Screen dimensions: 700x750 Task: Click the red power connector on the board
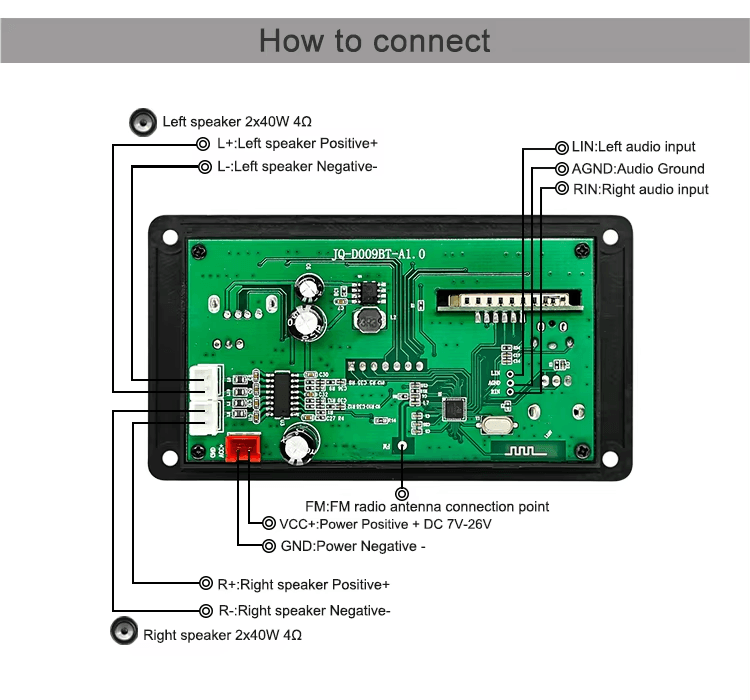pyautogui.click(x=241, y=449)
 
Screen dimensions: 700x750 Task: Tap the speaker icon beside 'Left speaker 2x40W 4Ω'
pyautogui.click(x=144, y=122)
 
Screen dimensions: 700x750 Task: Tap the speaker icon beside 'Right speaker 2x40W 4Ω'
pyautogui.click(x=123, y=633)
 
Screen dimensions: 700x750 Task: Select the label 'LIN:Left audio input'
pyautogui.click(x=633, y=147)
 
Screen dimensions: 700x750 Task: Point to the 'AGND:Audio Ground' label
pyautogui.click(x=637, y=169)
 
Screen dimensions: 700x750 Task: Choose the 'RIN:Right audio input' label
pyautogui.click(x=640, y=189)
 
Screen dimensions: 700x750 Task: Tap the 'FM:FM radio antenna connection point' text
pyautogui.click(x=427, y=507)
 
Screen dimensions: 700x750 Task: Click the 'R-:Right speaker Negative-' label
pyautogui.click(x=304, y=611)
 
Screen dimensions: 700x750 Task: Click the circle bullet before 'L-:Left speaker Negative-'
pyautogui.click(x=203, y=166)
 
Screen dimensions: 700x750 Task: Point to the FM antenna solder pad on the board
pyautogui.click(x=402, y=448)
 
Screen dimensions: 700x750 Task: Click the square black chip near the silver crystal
pyautogui.click(x=455, y=408)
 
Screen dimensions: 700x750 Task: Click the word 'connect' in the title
pyautogui.click(x=432, y=41)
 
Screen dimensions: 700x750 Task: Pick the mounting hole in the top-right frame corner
pyautogui.click(x=610, y=237)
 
